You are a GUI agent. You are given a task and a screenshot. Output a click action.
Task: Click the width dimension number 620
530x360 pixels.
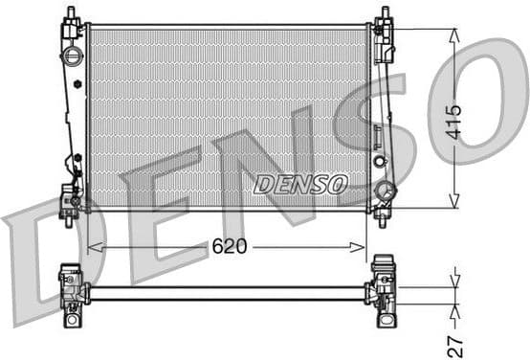tap(230, 246)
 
